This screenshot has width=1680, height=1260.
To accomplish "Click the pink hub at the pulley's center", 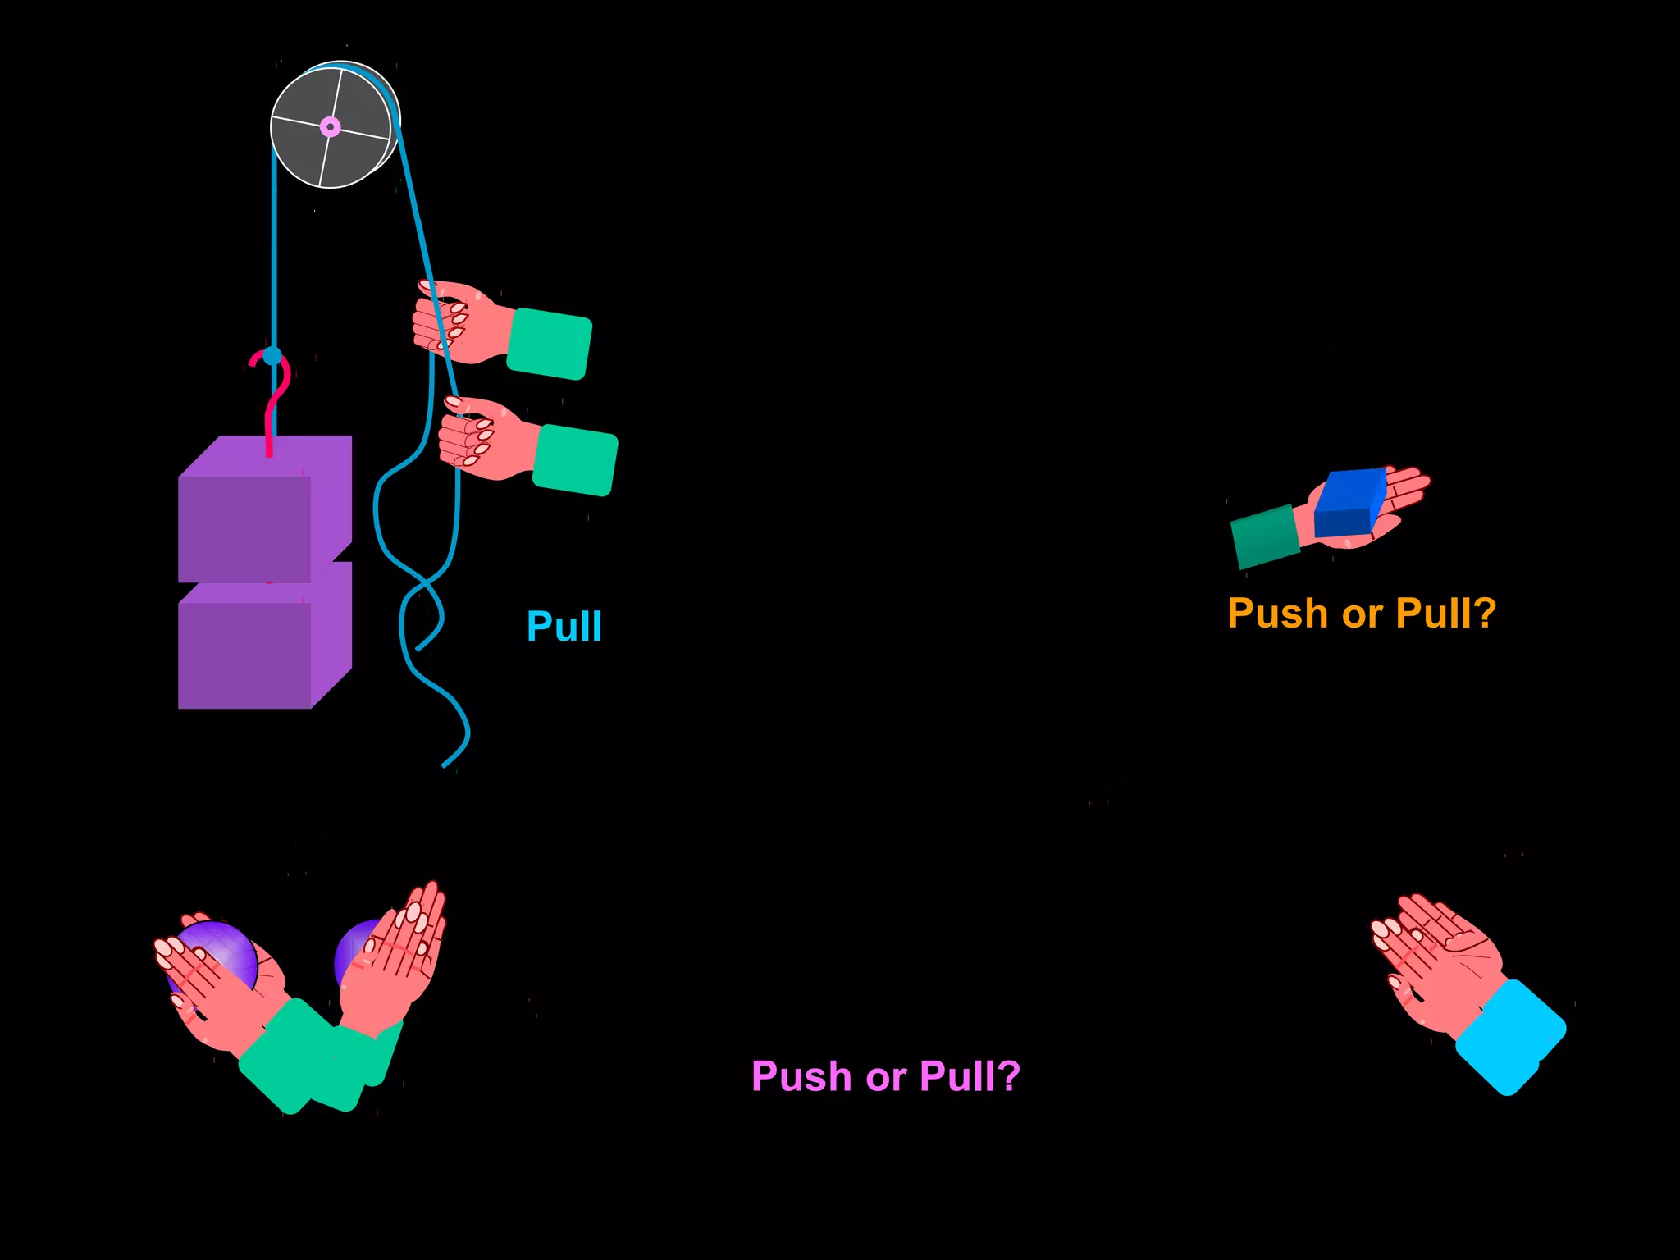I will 330,127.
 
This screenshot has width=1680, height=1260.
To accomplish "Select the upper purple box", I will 246,525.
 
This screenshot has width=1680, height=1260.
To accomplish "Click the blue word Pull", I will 564,627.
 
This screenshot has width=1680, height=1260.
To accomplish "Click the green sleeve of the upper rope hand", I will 549,344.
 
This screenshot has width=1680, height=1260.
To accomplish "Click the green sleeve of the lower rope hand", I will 575,460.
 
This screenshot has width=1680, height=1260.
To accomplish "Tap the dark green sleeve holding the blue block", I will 1264,537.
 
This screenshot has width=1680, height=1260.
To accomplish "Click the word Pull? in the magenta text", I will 970,1076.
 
